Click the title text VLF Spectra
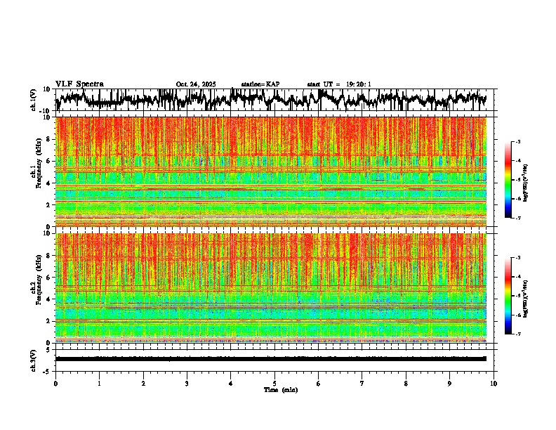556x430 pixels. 79,84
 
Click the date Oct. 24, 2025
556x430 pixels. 197,84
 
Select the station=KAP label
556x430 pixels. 260,84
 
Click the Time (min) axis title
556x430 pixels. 280,389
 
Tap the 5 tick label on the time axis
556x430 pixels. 274,383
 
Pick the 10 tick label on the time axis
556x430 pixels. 494,383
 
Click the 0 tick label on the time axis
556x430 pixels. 55,383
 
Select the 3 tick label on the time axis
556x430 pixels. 187,383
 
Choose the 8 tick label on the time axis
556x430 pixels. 406,383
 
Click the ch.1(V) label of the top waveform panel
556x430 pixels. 33,100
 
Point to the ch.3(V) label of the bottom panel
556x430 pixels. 33,359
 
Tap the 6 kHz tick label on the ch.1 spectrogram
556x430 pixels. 49,161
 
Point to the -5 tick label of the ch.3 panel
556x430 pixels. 47,370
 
